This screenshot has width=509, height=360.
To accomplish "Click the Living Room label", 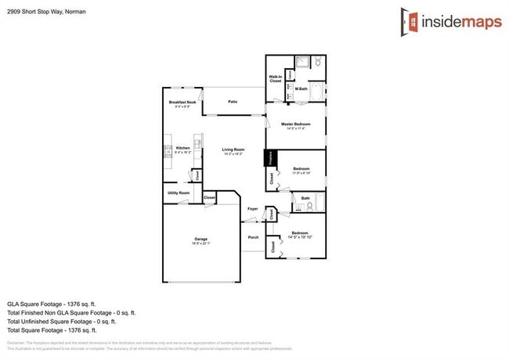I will pos(233,149).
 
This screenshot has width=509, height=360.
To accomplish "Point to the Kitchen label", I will pos(182,148).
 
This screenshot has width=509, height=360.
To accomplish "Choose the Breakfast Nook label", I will pos(182,103).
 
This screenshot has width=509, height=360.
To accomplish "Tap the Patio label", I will pos(233,102).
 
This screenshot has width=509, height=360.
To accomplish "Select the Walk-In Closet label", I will pos(275,78).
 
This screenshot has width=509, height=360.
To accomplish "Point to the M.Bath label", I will pos(301,89).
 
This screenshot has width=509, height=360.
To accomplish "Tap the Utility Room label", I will pos(179,193).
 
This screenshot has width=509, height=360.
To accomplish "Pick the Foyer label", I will pos(252,209).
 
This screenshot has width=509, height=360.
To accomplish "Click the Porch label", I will pos(252,237).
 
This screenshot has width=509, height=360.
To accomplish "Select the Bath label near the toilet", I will pos(305,199).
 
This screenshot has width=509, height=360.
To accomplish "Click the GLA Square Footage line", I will pos(51,303).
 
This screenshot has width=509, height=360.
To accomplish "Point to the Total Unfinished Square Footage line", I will pos(61,321).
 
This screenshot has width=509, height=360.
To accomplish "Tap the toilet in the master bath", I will pos(318,62).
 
